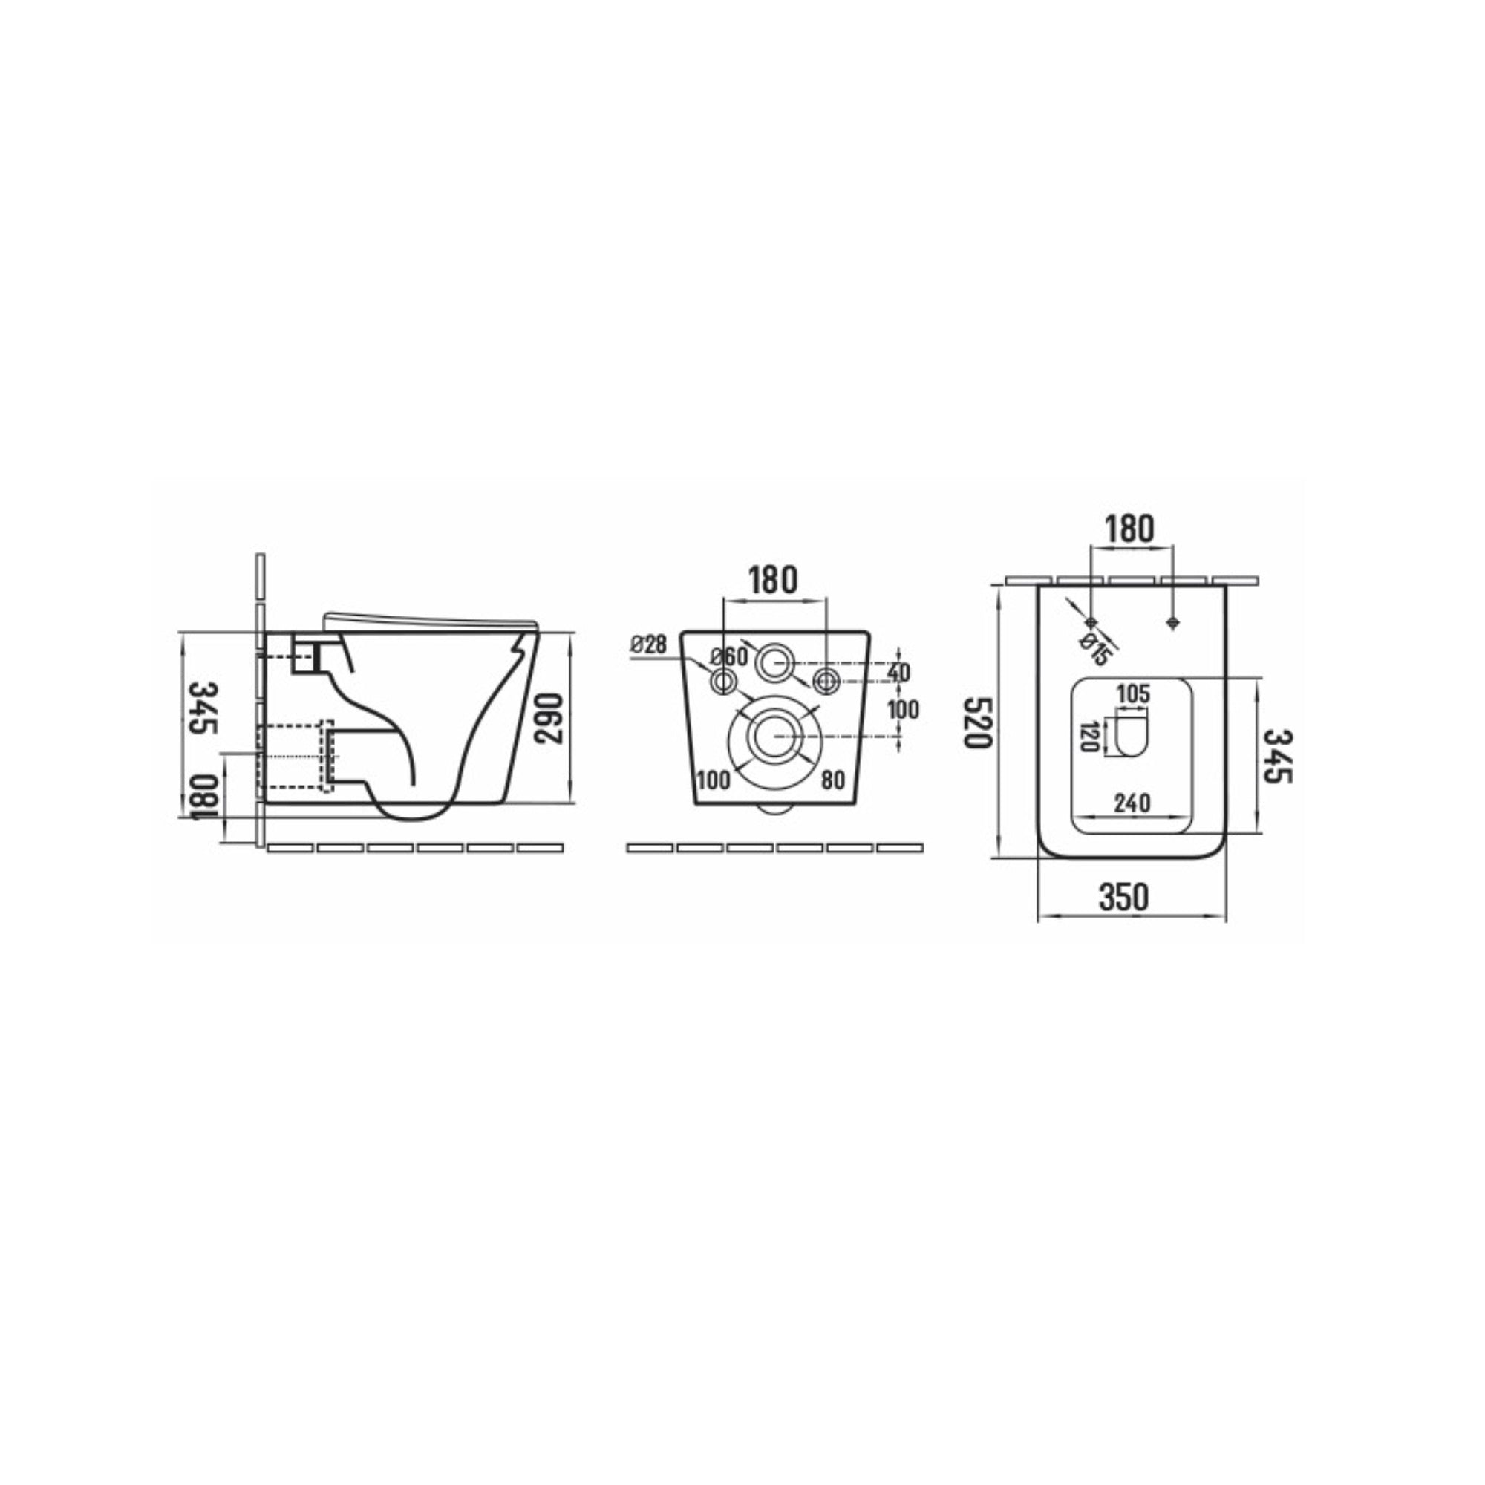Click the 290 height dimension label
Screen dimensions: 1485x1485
click(549, 718)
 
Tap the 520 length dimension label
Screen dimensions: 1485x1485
click(979, 722)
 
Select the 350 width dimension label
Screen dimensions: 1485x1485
click(1123, 898)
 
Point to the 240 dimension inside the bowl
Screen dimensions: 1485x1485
click(1132, 803)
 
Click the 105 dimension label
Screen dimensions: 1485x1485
click(1133, 694)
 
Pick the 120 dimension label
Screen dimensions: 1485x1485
click(1088, 737)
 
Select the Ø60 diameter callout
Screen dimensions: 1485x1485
click(728, 657)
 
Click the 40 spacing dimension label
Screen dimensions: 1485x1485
click(898, 673)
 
